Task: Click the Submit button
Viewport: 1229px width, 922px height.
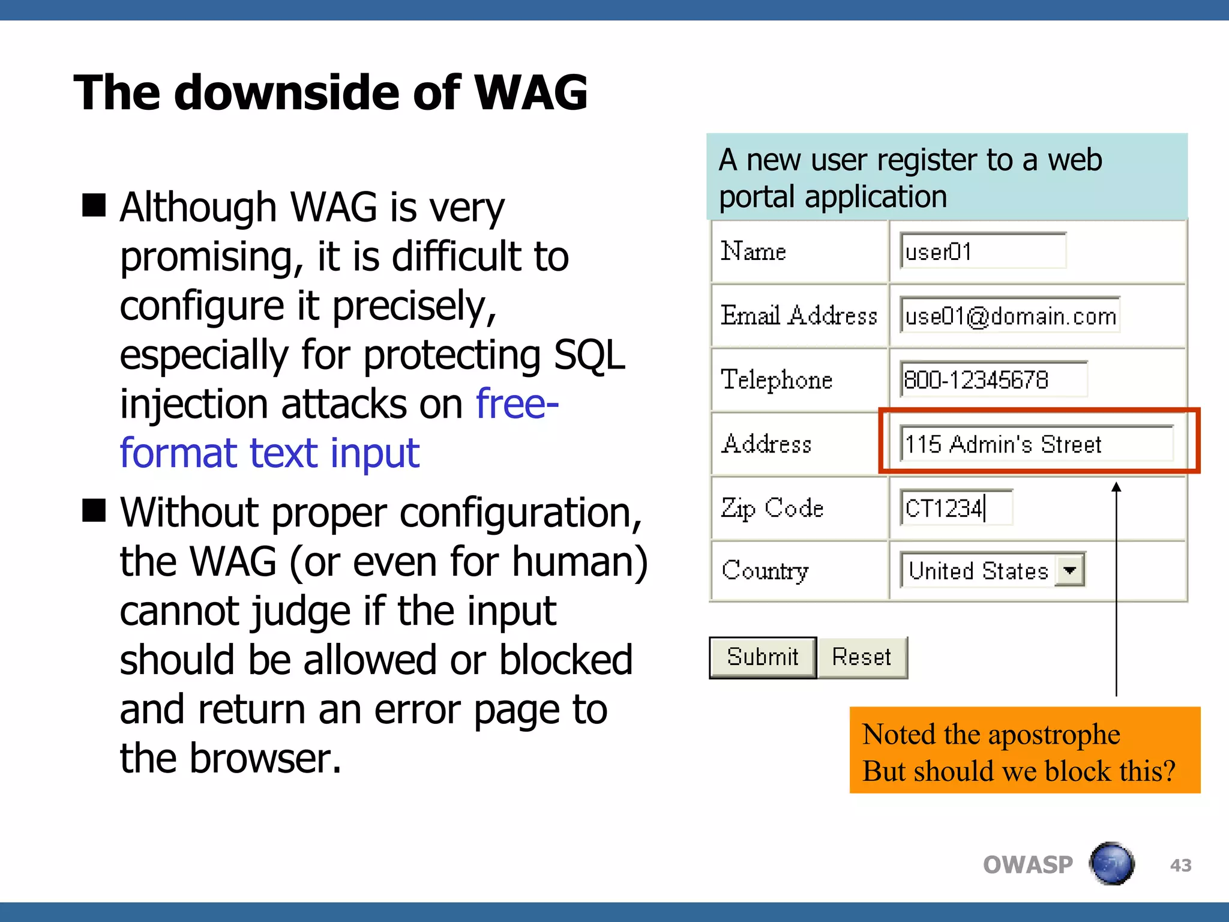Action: click(762, 657)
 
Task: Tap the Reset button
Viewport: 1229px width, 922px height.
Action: click(862, 657)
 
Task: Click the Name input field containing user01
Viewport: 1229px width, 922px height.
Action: click(983, 251)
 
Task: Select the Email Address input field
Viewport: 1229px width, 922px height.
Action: click(1010, 315)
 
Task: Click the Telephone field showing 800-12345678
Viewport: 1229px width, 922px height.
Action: click(994, 379)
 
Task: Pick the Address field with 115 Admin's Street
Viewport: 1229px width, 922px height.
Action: click(1036, 444)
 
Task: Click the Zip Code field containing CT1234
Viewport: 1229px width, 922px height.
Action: click(956, 508)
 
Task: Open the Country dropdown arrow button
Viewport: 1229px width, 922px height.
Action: click(1070, 570)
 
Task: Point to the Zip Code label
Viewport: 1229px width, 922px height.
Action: click(772, 508)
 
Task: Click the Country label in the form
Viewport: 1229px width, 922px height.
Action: click(765, 570)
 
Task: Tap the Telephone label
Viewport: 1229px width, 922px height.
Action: click(777, 379)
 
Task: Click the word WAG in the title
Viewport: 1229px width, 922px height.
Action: click(530, 93)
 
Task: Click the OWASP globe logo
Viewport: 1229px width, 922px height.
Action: click(1111, 864)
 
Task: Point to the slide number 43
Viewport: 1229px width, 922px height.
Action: click(1180, 865)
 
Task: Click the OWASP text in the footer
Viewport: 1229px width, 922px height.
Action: click(1027, 865)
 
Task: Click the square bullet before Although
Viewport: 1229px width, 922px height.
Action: click(94, 205)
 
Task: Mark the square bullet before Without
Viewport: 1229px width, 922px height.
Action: click(94, 511)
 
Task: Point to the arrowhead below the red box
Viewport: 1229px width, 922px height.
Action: click(1116, 487)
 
